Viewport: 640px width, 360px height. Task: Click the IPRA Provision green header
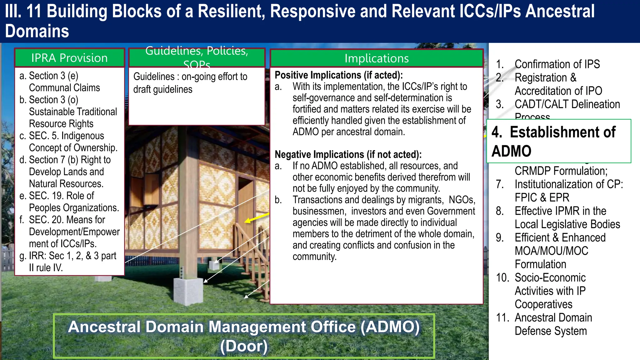click(x=69, y=58)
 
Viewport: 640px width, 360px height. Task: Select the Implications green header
click(x=377, y=58)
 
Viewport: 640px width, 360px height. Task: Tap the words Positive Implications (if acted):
click(x=338, y=75)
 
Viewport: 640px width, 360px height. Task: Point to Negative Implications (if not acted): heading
click(x=348, y=154)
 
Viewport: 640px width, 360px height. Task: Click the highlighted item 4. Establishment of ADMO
click(x=558, y=141)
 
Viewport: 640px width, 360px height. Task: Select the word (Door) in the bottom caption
click(x=244, y=346)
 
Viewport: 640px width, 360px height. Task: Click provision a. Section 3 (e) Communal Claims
click(x=64, y=82)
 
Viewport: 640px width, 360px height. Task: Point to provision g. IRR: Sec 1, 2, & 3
click(x=72, y=262)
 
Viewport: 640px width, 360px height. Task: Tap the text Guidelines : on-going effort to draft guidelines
click(x=190, y=83)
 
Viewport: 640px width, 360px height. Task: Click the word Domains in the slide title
click(x=37, y=31)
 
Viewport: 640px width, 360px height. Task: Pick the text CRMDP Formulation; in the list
click(x=561, y=171)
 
